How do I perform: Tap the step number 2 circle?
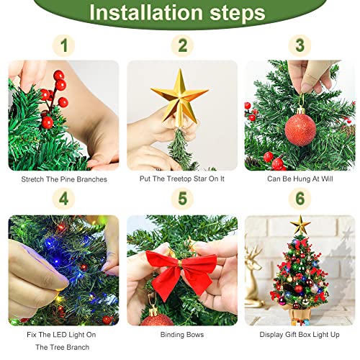pyautogui.click(x=181, y=46)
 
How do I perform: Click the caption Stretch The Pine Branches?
pyautogui.click(x=64, y=179)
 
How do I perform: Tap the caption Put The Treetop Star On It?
pyautogui.click(x=181, y=179)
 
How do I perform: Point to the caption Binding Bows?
pyautogui.click(x=181, y=335)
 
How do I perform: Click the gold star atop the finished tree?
pyautogui.click(x=300, y=225)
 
